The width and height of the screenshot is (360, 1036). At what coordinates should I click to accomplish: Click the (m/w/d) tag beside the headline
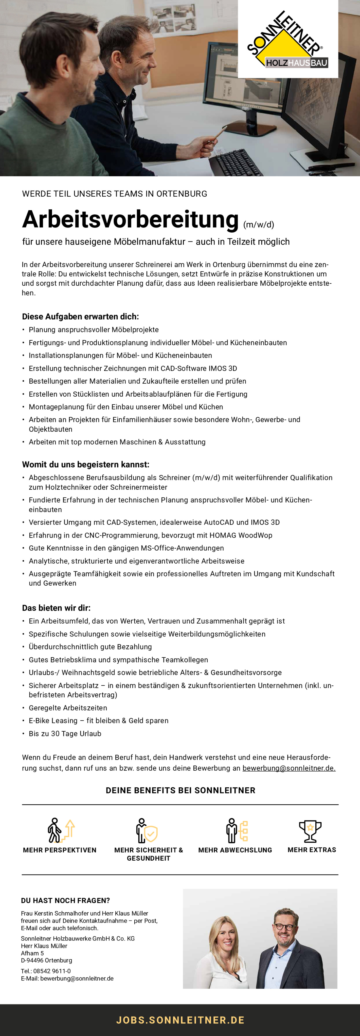tap(259, 224)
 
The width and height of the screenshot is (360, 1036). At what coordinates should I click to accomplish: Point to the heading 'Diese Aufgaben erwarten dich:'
tap(80, 316)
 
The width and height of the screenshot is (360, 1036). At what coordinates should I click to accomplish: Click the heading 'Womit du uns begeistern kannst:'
tap(86, 464)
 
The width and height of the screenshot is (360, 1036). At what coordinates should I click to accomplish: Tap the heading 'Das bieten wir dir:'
tap(56, 608)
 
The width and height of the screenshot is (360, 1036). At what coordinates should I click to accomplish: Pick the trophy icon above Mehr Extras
tap(310, 831)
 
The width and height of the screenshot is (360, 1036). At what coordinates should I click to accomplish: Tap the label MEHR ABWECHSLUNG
tap(235, 850)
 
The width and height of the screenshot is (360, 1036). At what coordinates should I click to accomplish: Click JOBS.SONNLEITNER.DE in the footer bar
tap(180, 1020)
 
